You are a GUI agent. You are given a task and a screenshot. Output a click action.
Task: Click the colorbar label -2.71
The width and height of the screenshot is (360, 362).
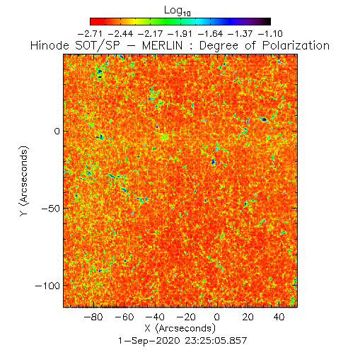point(90,34)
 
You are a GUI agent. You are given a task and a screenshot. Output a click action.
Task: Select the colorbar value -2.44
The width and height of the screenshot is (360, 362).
point(120,34)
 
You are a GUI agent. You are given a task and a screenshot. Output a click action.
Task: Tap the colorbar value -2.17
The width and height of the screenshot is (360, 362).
point(150,34)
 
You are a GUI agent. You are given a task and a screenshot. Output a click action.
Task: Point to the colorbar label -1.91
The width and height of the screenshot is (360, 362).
point(180,34)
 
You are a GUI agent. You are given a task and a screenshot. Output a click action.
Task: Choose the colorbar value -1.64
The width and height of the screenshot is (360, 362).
point(210,34)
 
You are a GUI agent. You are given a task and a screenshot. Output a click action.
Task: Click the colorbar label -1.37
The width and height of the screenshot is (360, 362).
point(240,34)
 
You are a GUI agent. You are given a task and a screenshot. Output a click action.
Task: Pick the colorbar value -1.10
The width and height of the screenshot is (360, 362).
point(270,34)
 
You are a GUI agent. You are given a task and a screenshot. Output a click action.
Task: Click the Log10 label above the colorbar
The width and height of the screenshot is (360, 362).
point(178,11)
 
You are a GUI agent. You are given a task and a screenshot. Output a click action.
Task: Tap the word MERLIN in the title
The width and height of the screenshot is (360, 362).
point(163,46)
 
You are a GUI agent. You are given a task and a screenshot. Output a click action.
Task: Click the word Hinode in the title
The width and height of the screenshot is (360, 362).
point(50,46)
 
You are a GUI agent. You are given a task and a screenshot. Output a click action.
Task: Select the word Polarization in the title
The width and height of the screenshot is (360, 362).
point(296,46)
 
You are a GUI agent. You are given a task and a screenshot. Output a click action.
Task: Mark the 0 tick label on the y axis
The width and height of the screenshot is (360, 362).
point(57,132)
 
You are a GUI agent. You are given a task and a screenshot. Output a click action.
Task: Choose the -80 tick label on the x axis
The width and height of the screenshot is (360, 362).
point(93,317)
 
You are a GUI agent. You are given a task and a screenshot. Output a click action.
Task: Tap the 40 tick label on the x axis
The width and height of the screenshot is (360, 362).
point(279,317)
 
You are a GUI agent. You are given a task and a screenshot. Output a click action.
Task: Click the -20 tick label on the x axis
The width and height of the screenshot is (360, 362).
point(186,317)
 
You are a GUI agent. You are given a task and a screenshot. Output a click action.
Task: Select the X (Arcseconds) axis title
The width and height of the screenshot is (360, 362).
point(180,328)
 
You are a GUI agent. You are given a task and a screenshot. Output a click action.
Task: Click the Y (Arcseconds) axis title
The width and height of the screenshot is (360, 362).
point(24,181)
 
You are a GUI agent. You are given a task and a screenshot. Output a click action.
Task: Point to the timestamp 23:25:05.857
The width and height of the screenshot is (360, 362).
point(216,341)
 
